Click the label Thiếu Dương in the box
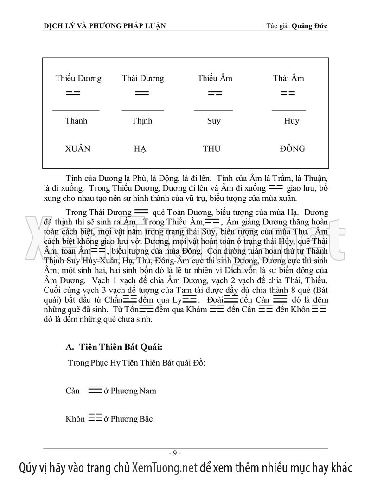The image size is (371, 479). pyautogui.click(x=78, y=78)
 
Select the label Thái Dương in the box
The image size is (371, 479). pyautogui.click(x=143, y=78)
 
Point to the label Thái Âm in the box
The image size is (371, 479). pyautogui.click(x=288, y=78)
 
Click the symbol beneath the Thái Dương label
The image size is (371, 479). pyautogui.click(x=142, y=93)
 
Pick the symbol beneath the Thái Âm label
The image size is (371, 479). pyautogui.click(x=288, y=93)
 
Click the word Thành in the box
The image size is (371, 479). pyautogui.click(x=76, y=121)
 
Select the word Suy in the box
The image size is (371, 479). pyautogui.click(x=214, y=121)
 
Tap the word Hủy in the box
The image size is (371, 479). pyautogui.click(x=292, y=121)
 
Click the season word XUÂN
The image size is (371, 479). pyautogui.click(x=77, y=149)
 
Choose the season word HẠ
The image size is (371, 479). pyautogui.click(x=140, y=149)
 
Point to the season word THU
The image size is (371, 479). pyautogui.click(x=211, y=149)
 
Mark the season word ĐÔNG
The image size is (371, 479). pyautogui.click(x=293, y=149)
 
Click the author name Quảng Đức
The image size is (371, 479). pyautogui.click(x=310, y=25)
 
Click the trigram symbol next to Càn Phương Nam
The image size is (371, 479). pyautogui.click(x=95, y=390)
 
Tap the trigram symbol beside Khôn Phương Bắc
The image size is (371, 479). pyautogui.click(x=95, y=418)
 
